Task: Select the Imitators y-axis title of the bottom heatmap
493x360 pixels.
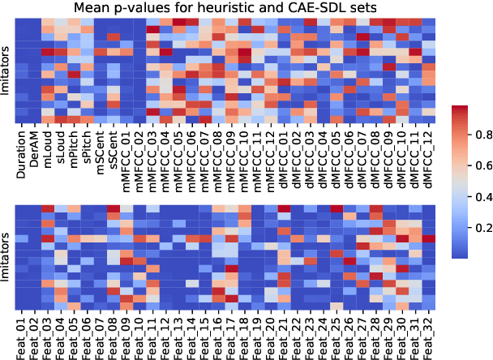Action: tap(6, 255)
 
